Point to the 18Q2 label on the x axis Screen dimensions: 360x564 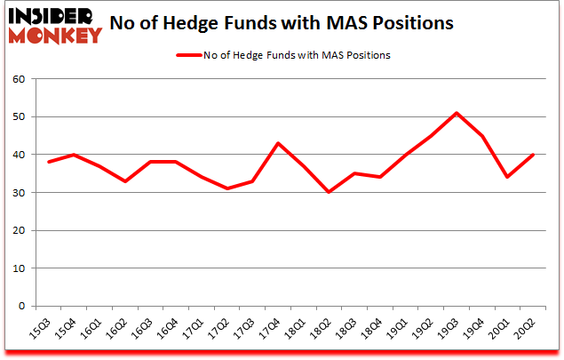(x=328, y=331)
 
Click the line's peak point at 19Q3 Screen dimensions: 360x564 (x=457, y=113)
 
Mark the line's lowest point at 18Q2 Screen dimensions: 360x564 (x=329, y=192)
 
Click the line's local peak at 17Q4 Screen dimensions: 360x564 (x=277, y=143)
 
